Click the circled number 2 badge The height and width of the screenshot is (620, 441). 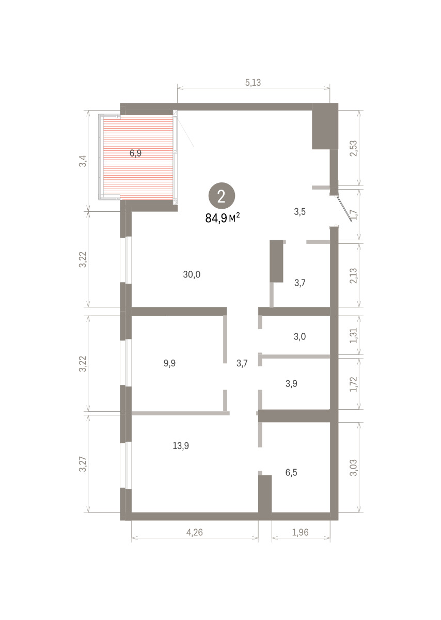click(222, 196)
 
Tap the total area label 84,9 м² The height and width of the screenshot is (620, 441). click(223, 218)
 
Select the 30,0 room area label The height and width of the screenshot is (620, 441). click(192, 274)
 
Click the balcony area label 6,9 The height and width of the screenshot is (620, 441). click(136, 153)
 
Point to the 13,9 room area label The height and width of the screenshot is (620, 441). click(181, 445)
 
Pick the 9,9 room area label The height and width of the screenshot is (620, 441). click(169, 363)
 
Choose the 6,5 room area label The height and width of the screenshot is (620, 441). click(291, 472)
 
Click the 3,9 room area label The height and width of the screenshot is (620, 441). click(291, 383)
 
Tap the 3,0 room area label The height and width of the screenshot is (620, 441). click(300, 336)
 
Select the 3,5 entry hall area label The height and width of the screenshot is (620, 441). click(300, 212)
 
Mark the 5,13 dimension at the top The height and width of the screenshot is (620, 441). click(253, 83)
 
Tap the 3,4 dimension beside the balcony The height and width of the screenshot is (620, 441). click(83, 161)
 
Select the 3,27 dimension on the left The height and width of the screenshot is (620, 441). click(83, 464)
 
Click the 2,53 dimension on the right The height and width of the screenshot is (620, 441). click(354, 148)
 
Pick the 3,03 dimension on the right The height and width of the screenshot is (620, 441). click(354, 468)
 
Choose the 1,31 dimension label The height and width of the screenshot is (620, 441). click(354, 335)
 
